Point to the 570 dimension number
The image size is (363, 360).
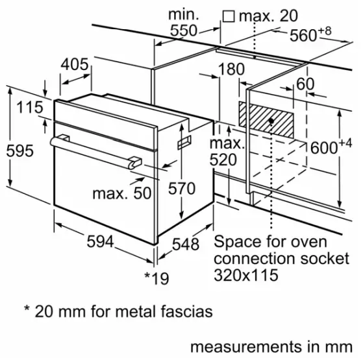coord(182,189)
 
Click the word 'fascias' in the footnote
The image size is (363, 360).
coord(186,313)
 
